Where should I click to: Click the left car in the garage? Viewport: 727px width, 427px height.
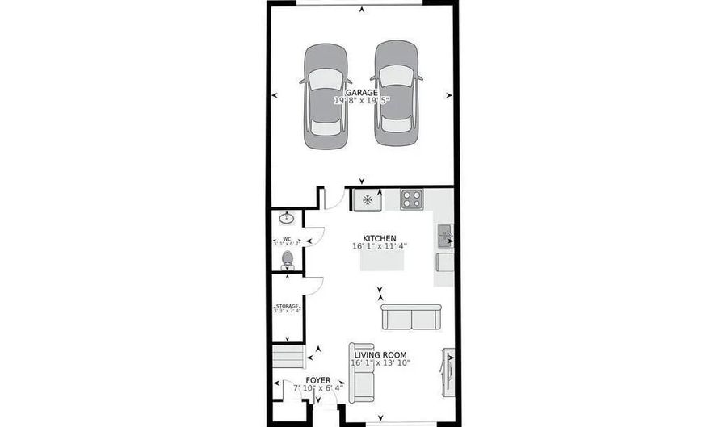point(326,95)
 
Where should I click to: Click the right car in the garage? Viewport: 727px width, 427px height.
point(397,94)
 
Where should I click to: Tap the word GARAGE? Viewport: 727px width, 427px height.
point(362,93)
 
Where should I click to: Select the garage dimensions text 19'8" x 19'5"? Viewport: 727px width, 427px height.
point(362,102)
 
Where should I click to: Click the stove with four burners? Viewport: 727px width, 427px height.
point(411,199)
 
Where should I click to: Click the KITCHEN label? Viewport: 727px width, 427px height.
point(380,237)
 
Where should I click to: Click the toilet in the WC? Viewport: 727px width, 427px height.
point(287,259)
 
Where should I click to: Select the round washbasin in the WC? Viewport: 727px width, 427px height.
point(286,218)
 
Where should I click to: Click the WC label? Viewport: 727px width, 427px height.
point(286,238)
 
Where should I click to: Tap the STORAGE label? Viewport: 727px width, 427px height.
point(287,306)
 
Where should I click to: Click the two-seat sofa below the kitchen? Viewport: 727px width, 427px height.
point(411,316)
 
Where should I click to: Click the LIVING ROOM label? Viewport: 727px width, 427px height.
point(380,354)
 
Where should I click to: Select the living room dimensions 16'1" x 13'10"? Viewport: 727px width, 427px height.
point(380,363)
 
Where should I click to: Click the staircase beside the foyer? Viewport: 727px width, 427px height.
point(287,356)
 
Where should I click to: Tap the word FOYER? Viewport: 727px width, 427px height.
point(317,379)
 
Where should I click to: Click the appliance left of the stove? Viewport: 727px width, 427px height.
point(368,199)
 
